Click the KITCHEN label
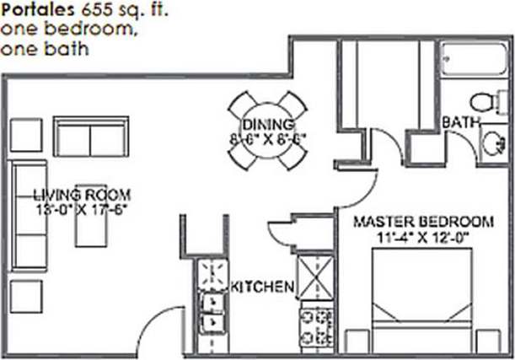tap(262, 287)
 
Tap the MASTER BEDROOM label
tap(422, 222)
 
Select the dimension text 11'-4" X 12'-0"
tap(422, 237)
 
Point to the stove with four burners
tap(318, 325)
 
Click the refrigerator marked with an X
tap(318, 277)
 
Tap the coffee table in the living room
tap(91, 218)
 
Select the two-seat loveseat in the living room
tap(90, 135)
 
